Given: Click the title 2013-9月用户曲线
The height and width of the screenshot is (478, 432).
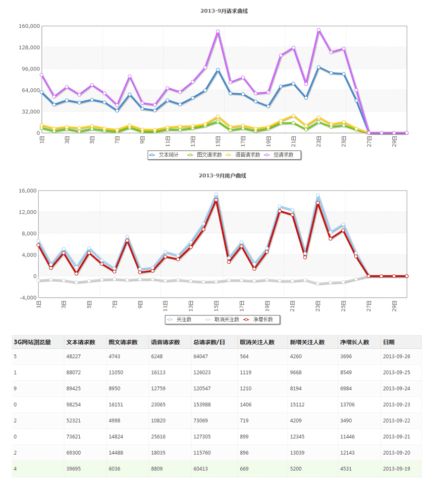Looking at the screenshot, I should (222, 176).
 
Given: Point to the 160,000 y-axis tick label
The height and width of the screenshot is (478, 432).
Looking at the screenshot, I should (29, 26).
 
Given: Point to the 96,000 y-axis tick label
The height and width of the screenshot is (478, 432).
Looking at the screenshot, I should (31, 69).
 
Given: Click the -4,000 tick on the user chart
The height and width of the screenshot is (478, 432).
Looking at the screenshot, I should (29, 298).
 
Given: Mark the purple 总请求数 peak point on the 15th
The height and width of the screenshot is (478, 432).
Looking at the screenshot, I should (217, 32).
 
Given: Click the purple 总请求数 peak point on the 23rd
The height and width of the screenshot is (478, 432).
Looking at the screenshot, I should (319, 30).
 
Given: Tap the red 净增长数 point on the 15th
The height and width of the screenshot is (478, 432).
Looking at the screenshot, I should (216, 200).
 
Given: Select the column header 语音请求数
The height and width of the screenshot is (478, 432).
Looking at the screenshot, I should (165, 342).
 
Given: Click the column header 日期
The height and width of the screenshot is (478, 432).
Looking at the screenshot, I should (389, 342).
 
